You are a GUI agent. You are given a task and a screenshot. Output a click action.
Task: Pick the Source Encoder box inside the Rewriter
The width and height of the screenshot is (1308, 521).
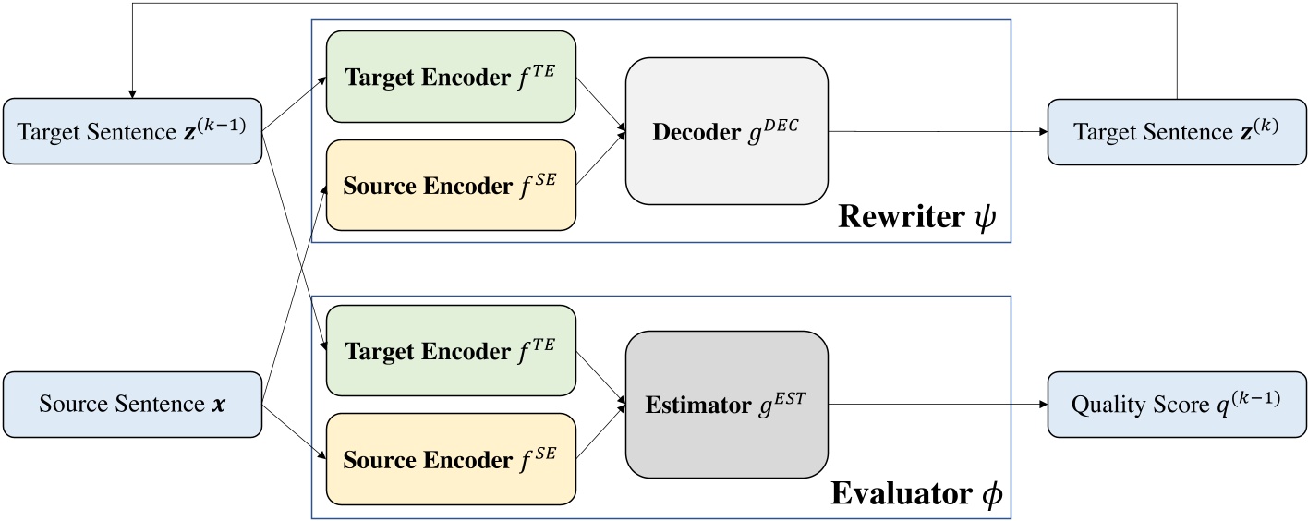click(451, 185)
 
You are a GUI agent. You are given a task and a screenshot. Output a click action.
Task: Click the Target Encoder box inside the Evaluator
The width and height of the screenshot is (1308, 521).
click(451, 351)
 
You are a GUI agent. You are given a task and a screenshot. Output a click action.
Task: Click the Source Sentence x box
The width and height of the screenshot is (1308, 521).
click(132, 405)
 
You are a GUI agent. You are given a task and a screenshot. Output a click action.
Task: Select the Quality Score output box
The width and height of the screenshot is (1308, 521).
click(1177, 404)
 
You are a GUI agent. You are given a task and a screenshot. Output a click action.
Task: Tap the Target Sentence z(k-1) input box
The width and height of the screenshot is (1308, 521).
click(132, 131)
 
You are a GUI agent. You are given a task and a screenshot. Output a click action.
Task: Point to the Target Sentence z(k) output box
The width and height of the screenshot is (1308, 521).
click(1177, 131)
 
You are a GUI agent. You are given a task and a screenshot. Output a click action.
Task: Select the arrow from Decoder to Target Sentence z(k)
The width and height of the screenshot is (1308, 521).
click(938, 131)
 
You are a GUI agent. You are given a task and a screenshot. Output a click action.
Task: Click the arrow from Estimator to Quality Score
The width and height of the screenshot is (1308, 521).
click(938, 404)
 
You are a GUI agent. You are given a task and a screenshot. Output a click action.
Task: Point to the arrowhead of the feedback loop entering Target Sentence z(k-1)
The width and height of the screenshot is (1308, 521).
click(131, 93)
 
